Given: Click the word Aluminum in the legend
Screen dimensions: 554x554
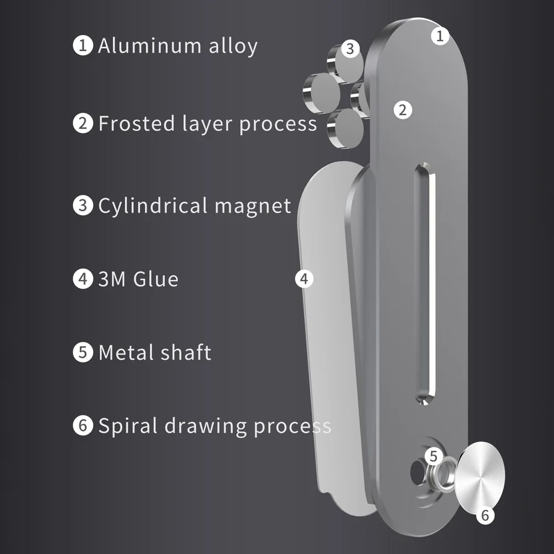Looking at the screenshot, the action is coord(150,45).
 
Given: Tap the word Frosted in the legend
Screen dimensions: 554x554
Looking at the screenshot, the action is coord(137,124).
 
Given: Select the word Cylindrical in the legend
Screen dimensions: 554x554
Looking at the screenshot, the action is coord(153,206).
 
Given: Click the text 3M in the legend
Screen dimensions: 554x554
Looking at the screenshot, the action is coord(112,279).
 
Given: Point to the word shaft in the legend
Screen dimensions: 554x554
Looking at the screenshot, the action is coord(186,352).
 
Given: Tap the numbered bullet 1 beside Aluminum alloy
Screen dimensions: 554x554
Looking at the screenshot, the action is coord(83,45).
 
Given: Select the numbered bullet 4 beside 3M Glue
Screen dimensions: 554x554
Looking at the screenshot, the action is coord(83,279).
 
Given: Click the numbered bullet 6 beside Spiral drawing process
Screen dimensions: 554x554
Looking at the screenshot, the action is coord(83,425).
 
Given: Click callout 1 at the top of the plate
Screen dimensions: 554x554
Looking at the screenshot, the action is coord(440,35).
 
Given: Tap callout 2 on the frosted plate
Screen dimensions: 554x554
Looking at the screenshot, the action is coord(403,110).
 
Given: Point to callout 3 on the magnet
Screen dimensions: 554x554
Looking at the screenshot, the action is coord(350,48).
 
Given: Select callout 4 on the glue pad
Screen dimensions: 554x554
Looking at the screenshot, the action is coord(304,279).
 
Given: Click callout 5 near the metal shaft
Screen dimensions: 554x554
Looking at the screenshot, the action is coord(434,456).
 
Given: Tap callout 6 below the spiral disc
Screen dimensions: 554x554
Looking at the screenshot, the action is coord(485,515).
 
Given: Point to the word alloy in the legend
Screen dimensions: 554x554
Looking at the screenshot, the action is coord(233,47).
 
